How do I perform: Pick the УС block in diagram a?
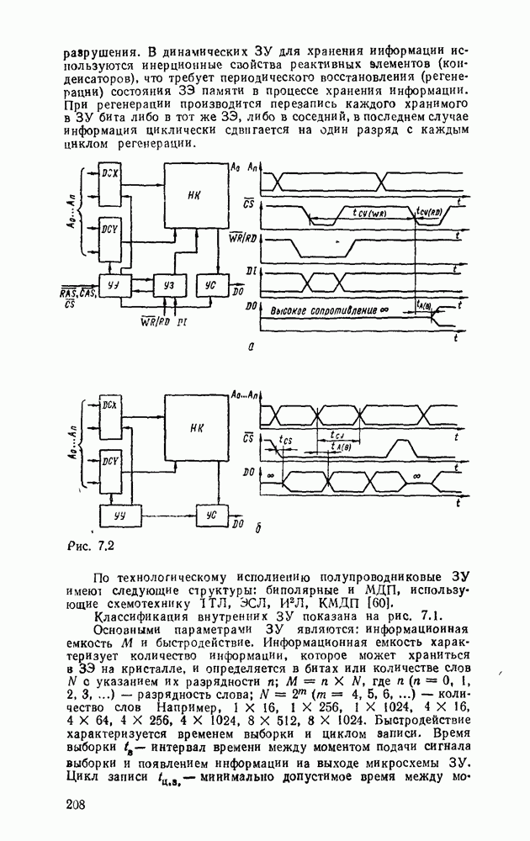pyautogui.click(x=209, y=285)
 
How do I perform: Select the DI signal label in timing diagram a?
pyautogui.click(x=250, y=269)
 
